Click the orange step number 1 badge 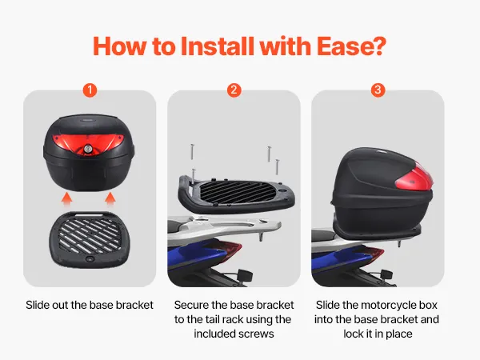coord(90,90)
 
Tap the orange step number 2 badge coord(234,90)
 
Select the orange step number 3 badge coord(378,90)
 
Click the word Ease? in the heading coord(351,46)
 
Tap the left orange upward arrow coord(66,198)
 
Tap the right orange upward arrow coord(110,198)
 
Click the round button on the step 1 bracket coord(90,258)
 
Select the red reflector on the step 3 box coord(414,179)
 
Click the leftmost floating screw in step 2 coord(192,152)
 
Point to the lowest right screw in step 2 coord(277,167)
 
